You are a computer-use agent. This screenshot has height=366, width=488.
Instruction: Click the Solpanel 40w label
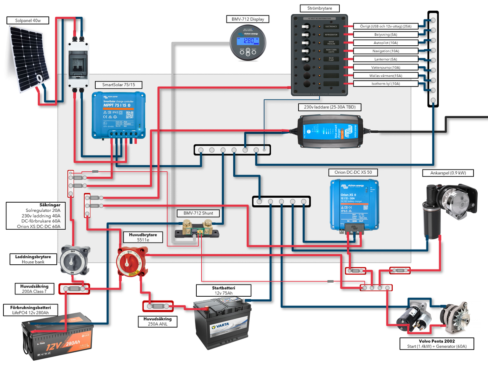[x=28, y=21]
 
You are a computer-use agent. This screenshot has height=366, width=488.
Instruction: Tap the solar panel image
[x=29, y=59]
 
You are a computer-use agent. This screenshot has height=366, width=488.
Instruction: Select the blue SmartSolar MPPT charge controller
[x=119, y=115]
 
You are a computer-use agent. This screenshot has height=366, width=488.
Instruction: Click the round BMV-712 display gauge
[x=248, y=43]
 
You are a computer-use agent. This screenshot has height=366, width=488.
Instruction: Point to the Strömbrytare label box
[x=319, y=8]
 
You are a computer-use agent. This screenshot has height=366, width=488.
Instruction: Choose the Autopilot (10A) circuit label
[x=385, y=43]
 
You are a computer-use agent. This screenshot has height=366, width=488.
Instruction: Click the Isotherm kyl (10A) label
[x=385, y=83]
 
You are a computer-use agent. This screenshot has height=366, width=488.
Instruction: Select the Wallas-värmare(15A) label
[x=385, y=75]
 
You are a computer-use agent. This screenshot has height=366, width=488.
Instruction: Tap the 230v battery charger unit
[x=330, y=131]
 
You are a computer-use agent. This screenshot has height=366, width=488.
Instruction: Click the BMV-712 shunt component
[x=197, y=231]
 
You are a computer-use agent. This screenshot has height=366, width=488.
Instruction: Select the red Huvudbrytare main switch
[x=132, y=261]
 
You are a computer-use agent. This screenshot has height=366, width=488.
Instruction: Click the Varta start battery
[x=222, y=324]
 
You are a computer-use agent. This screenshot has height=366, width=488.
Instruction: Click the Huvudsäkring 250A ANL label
[x=157, y=321]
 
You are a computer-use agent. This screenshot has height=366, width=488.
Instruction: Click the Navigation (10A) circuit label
[x=385, y=51]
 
